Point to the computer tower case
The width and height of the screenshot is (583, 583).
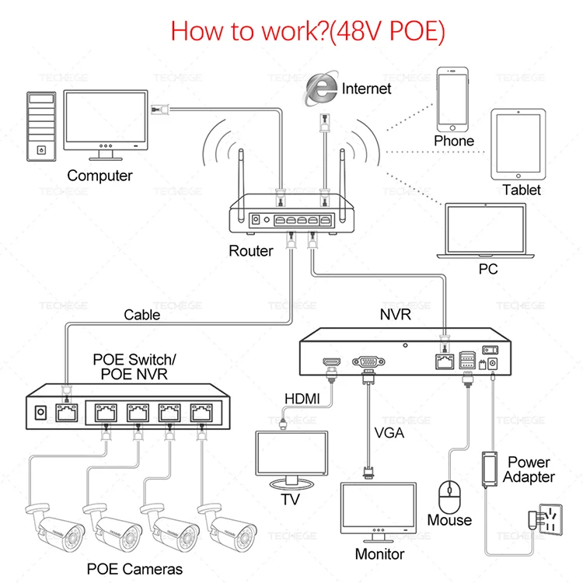(x=41, y=127)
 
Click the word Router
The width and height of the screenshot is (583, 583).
(x=250, y=251)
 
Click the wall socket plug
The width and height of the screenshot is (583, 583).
(x=544, y=518)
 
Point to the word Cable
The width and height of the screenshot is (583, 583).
(x=142, y=315)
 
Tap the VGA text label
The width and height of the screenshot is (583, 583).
(x=389, y=432)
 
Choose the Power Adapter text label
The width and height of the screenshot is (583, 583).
(x=529, y=470)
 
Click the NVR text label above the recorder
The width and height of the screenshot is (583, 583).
(x=395, y=315)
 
